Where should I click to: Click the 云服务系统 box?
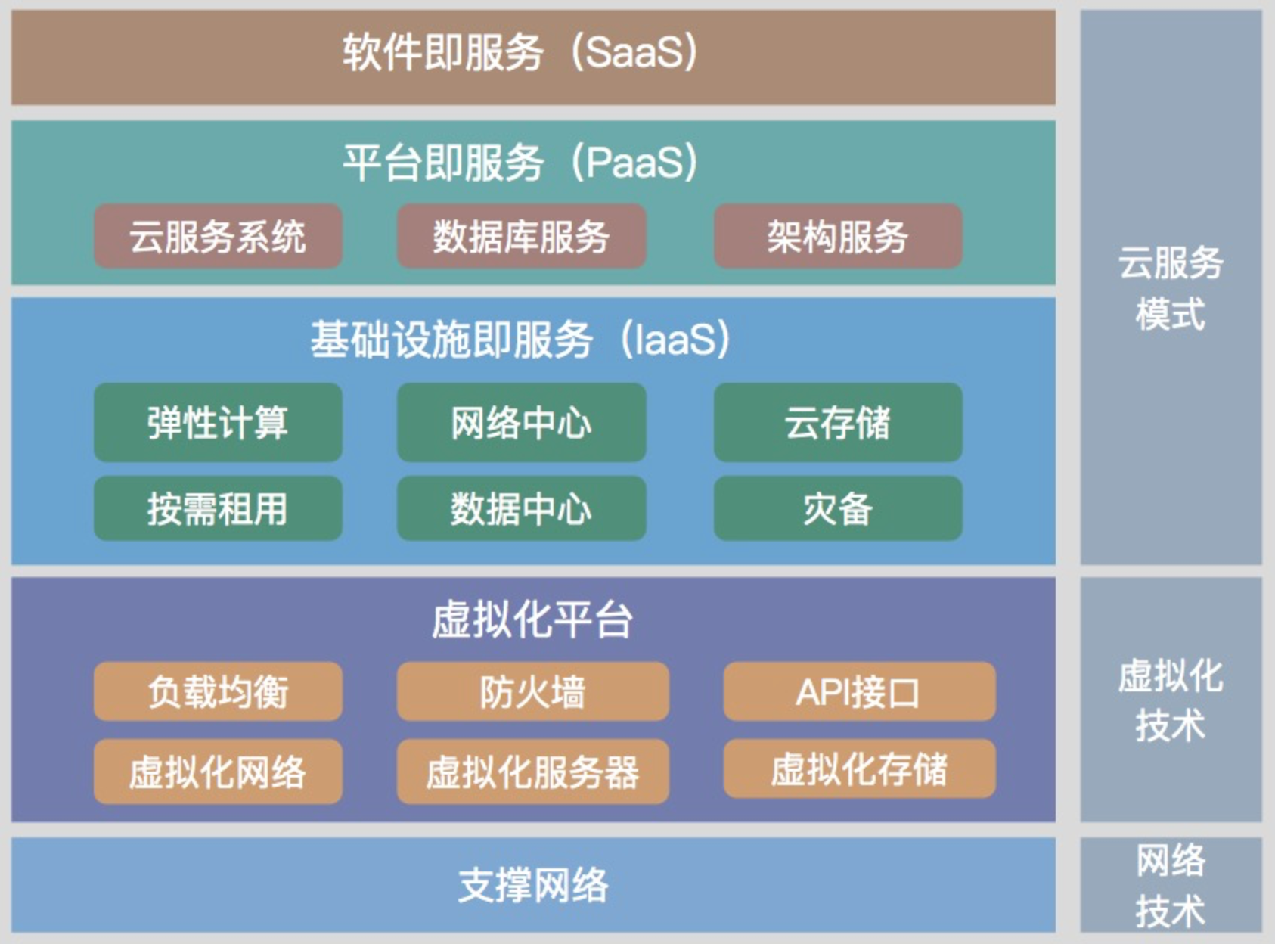point(218,236)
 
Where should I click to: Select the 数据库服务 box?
point(521,236)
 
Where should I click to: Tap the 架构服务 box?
point(838,236)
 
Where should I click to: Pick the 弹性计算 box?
point(218,422)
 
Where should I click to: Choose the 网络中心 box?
point(521,422)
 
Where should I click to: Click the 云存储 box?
point(838,422)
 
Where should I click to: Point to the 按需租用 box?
point(218,508)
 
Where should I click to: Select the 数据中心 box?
point(521,508)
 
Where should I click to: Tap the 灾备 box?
point(838,508)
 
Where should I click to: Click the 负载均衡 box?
point(218,691)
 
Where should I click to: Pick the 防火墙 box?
point(533,691)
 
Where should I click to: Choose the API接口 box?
point(859,691)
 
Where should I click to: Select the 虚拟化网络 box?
point(218,772)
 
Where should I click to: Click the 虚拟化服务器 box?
point(533,772)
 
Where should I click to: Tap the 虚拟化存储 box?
point(859,769)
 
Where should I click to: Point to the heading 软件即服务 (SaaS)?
point(521,53)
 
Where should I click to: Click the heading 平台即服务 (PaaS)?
point(521,162)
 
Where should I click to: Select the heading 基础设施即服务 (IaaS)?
point(521,340)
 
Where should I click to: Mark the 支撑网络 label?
point(533,885)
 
